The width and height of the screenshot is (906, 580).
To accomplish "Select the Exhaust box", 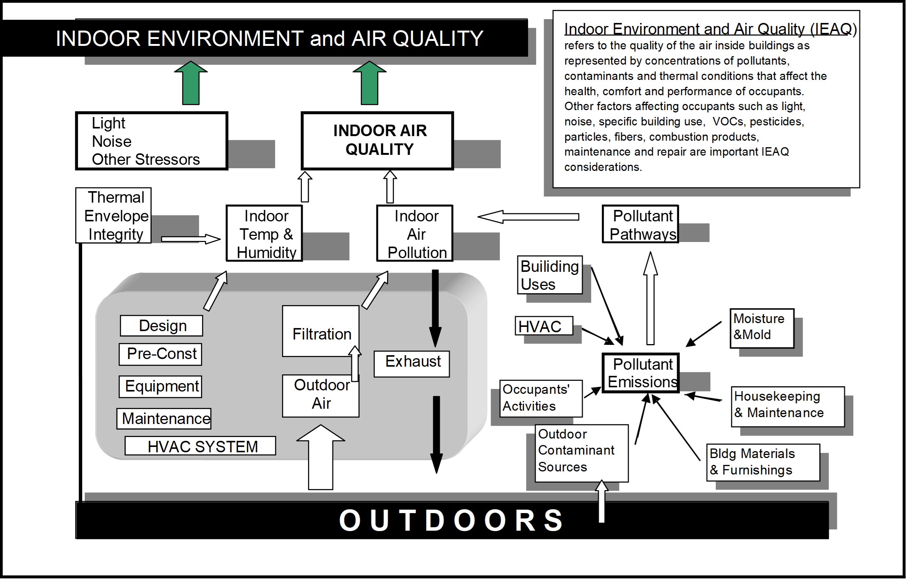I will [x=412, y=364].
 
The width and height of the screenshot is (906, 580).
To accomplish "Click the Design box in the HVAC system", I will [x=161, y=326].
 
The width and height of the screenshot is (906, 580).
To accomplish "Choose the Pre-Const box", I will [x=160, y=354].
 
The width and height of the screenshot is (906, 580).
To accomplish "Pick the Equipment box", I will [x=160, y=387].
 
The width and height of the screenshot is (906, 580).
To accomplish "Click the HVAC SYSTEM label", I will [x=200, y=446].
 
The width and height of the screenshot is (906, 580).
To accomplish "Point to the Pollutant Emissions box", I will [x=640, y=373].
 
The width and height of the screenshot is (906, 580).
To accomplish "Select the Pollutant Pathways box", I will [x=640, y=224].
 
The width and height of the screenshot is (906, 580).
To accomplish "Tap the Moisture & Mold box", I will [x=762, y=328].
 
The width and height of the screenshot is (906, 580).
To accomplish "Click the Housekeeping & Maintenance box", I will [x=788, y=407].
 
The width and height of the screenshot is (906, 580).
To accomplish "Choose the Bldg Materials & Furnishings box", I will [x=763, y=462].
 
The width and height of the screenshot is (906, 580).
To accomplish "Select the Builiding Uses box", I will [x=550, y=275].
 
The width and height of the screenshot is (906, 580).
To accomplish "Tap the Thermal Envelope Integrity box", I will [x=113, y=215].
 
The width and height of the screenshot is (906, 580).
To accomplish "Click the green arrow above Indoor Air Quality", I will [x=369, y=83].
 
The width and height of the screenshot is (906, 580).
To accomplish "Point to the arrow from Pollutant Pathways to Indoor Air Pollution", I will [x=528, y=217].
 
